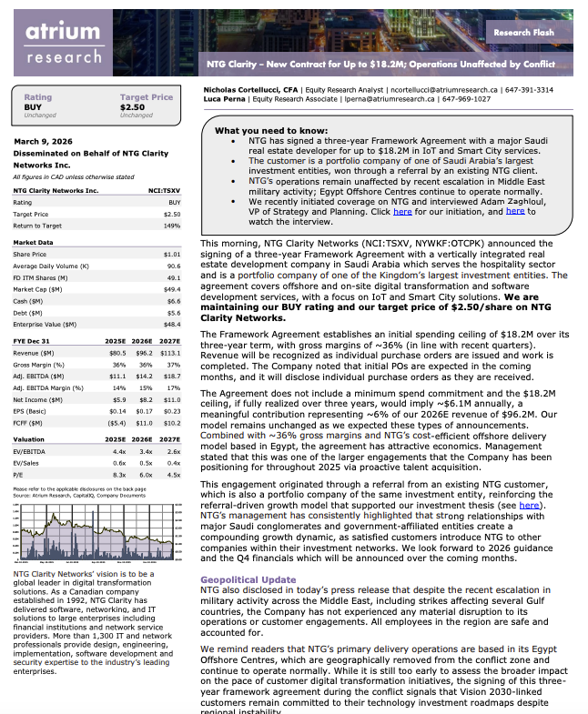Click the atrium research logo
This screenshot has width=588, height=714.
(63, 43)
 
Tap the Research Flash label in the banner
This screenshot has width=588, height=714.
(523, 32)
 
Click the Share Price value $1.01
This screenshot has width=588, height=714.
(171, 254)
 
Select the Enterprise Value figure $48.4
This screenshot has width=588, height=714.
(171, 323)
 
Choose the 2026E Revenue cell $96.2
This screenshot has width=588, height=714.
(143, 351)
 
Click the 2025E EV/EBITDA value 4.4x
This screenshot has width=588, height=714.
(118, 451)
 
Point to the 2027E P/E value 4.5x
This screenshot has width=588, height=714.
(173, 474)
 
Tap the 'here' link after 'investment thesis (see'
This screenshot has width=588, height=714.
(530, 504)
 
